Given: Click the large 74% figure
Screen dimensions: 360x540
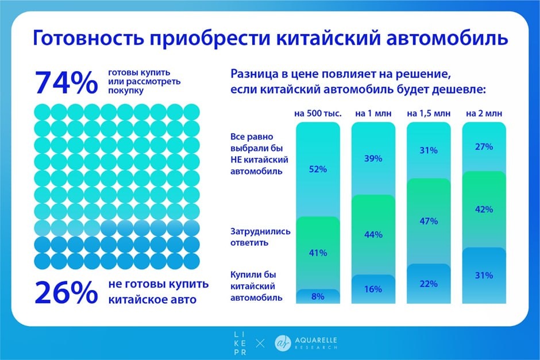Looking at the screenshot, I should [65, 83].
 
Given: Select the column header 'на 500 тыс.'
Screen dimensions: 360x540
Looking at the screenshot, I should [318, 113].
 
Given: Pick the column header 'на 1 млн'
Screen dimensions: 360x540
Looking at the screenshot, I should [373, 113].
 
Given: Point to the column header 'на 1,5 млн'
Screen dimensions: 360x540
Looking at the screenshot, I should [428, 113].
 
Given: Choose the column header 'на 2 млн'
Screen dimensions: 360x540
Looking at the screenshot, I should [484, 113].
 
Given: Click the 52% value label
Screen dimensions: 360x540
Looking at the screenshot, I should [318, 169].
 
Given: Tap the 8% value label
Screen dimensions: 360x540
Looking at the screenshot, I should [318, 297].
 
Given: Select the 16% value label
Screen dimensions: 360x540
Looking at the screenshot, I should [373, 289].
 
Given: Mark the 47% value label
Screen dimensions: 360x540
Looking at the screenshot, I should [429, 221].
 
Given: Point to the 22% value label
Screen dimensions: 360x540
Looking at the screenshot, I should [429, 284].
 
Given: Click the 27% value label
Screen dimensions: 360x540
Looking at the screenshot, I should [484, 146].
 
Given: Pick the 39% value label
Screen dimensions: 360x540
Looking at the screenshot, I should [373, 158].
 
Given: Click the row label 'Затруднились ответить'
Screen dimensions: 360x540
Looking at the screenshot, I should [260, 237].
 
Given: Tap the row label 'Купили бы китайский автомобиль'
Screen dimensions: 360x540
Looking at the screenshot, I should [256, 286].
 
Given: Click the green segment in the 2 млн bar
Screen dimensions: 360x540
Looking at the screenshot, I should [484, 210].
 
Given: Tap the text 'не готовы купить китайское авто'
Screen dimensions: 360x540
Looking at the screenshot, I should [158, 292].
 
